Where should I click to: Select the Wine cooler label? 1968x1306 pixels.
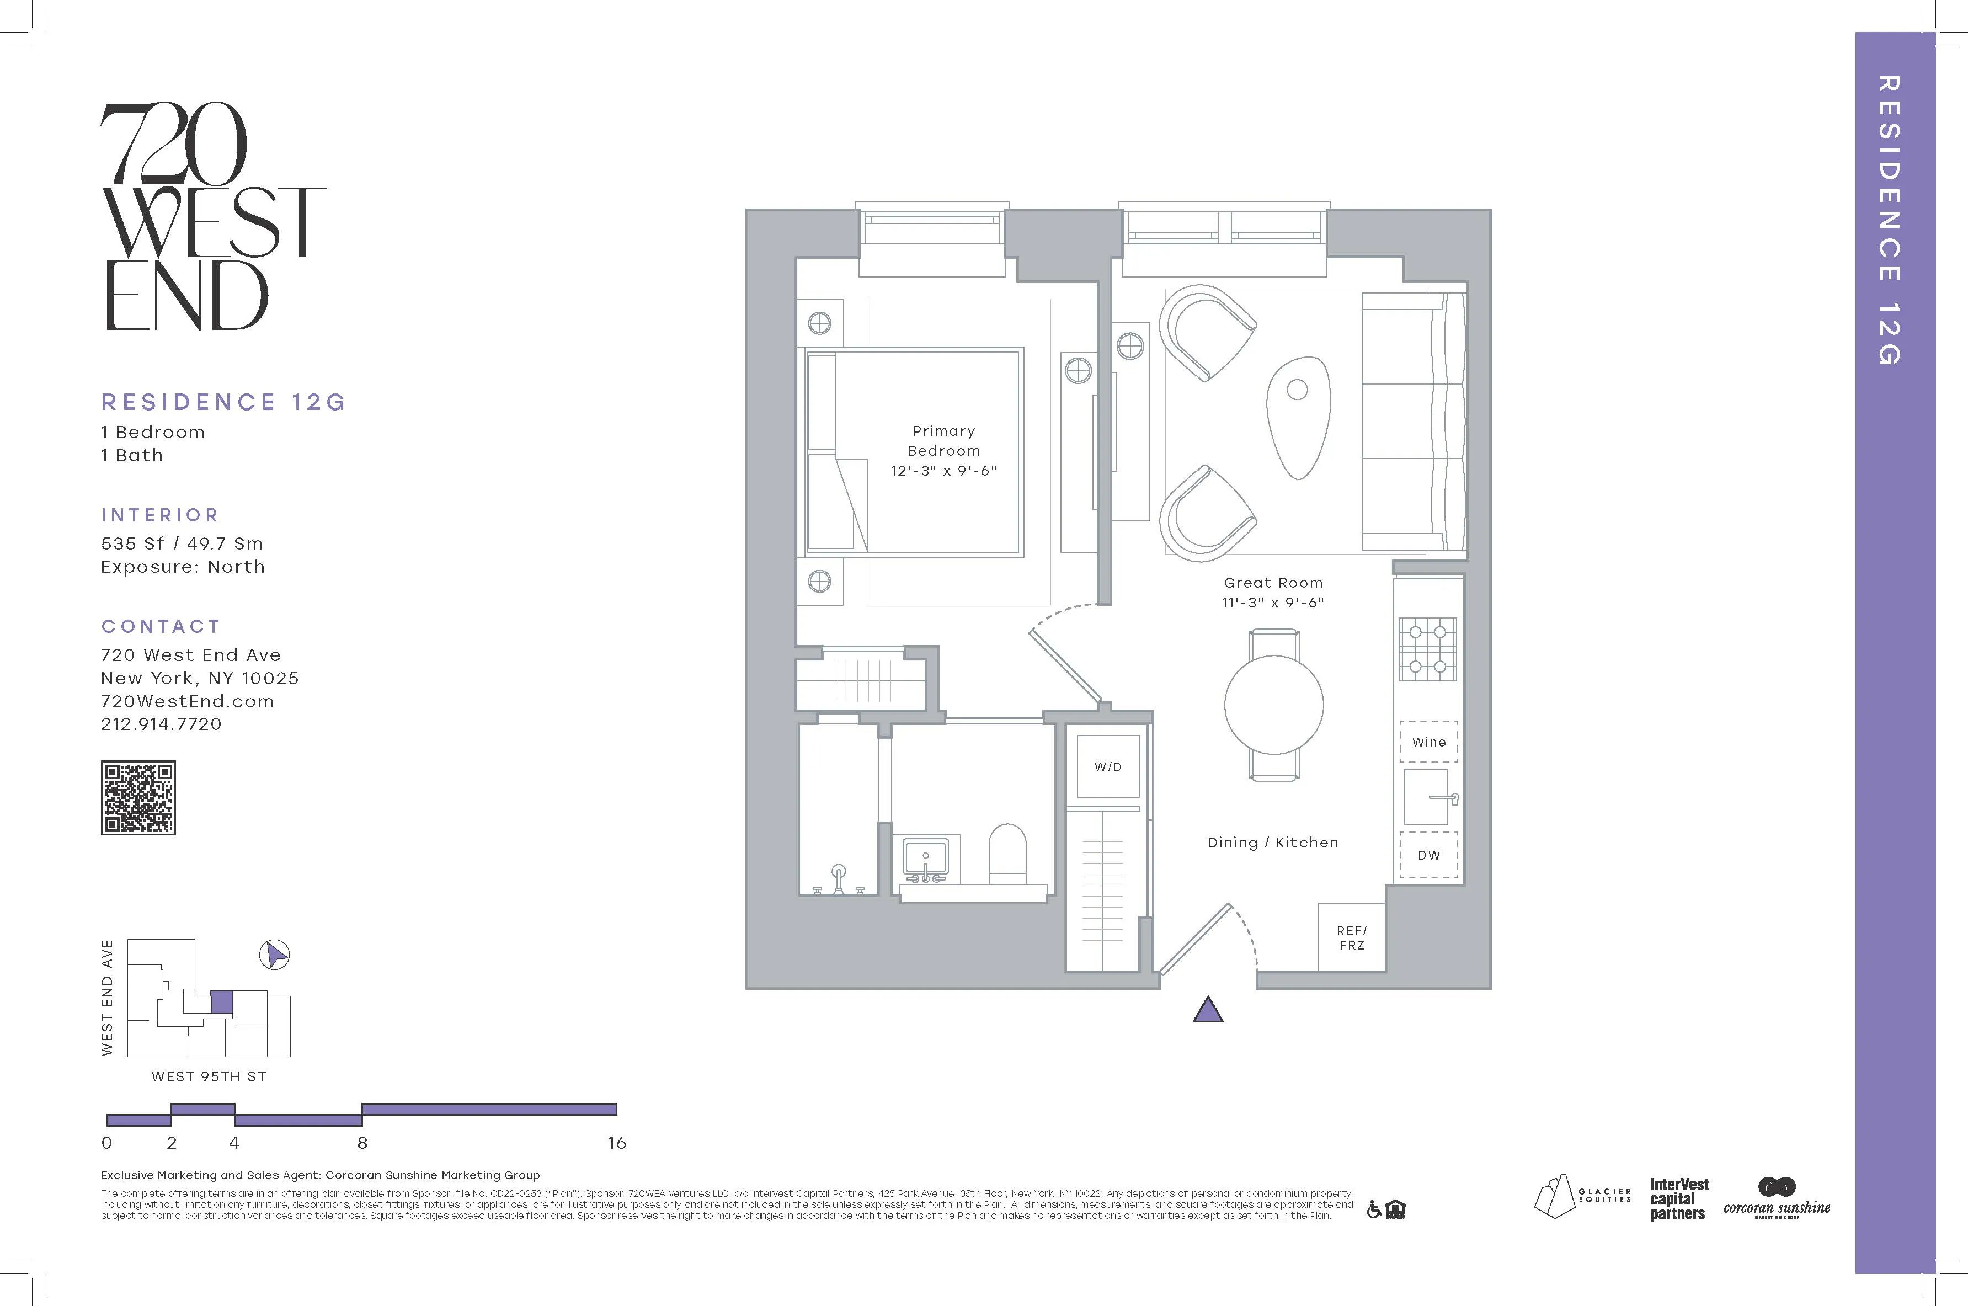tap(1428, 742)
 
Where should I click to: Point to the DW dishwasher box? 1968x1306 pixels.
tap(1428, 855)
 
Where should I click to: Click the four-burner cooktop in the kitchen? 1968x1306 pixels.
tap(1427, 649)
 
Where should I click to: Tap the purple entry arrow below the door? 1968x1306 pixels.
tap(1208, 1010)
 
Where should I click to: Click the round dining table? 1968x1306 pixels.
tap(1273, 705)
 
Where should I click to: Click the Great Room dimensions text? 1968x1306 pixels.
tap(1273, 602)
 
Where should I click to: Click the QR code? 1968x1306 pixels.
tap(138, 797)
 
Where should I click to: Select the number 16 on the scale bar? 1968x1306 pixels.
tap(616, 1143)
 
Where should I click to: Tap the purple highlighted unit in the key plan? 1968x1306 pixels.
tap(222, 1002)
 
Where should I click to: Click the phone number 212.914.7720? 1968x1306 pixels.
tap(162, 724)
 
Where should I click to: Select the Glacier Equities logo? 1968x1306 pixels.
tap(1581, 1196)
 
